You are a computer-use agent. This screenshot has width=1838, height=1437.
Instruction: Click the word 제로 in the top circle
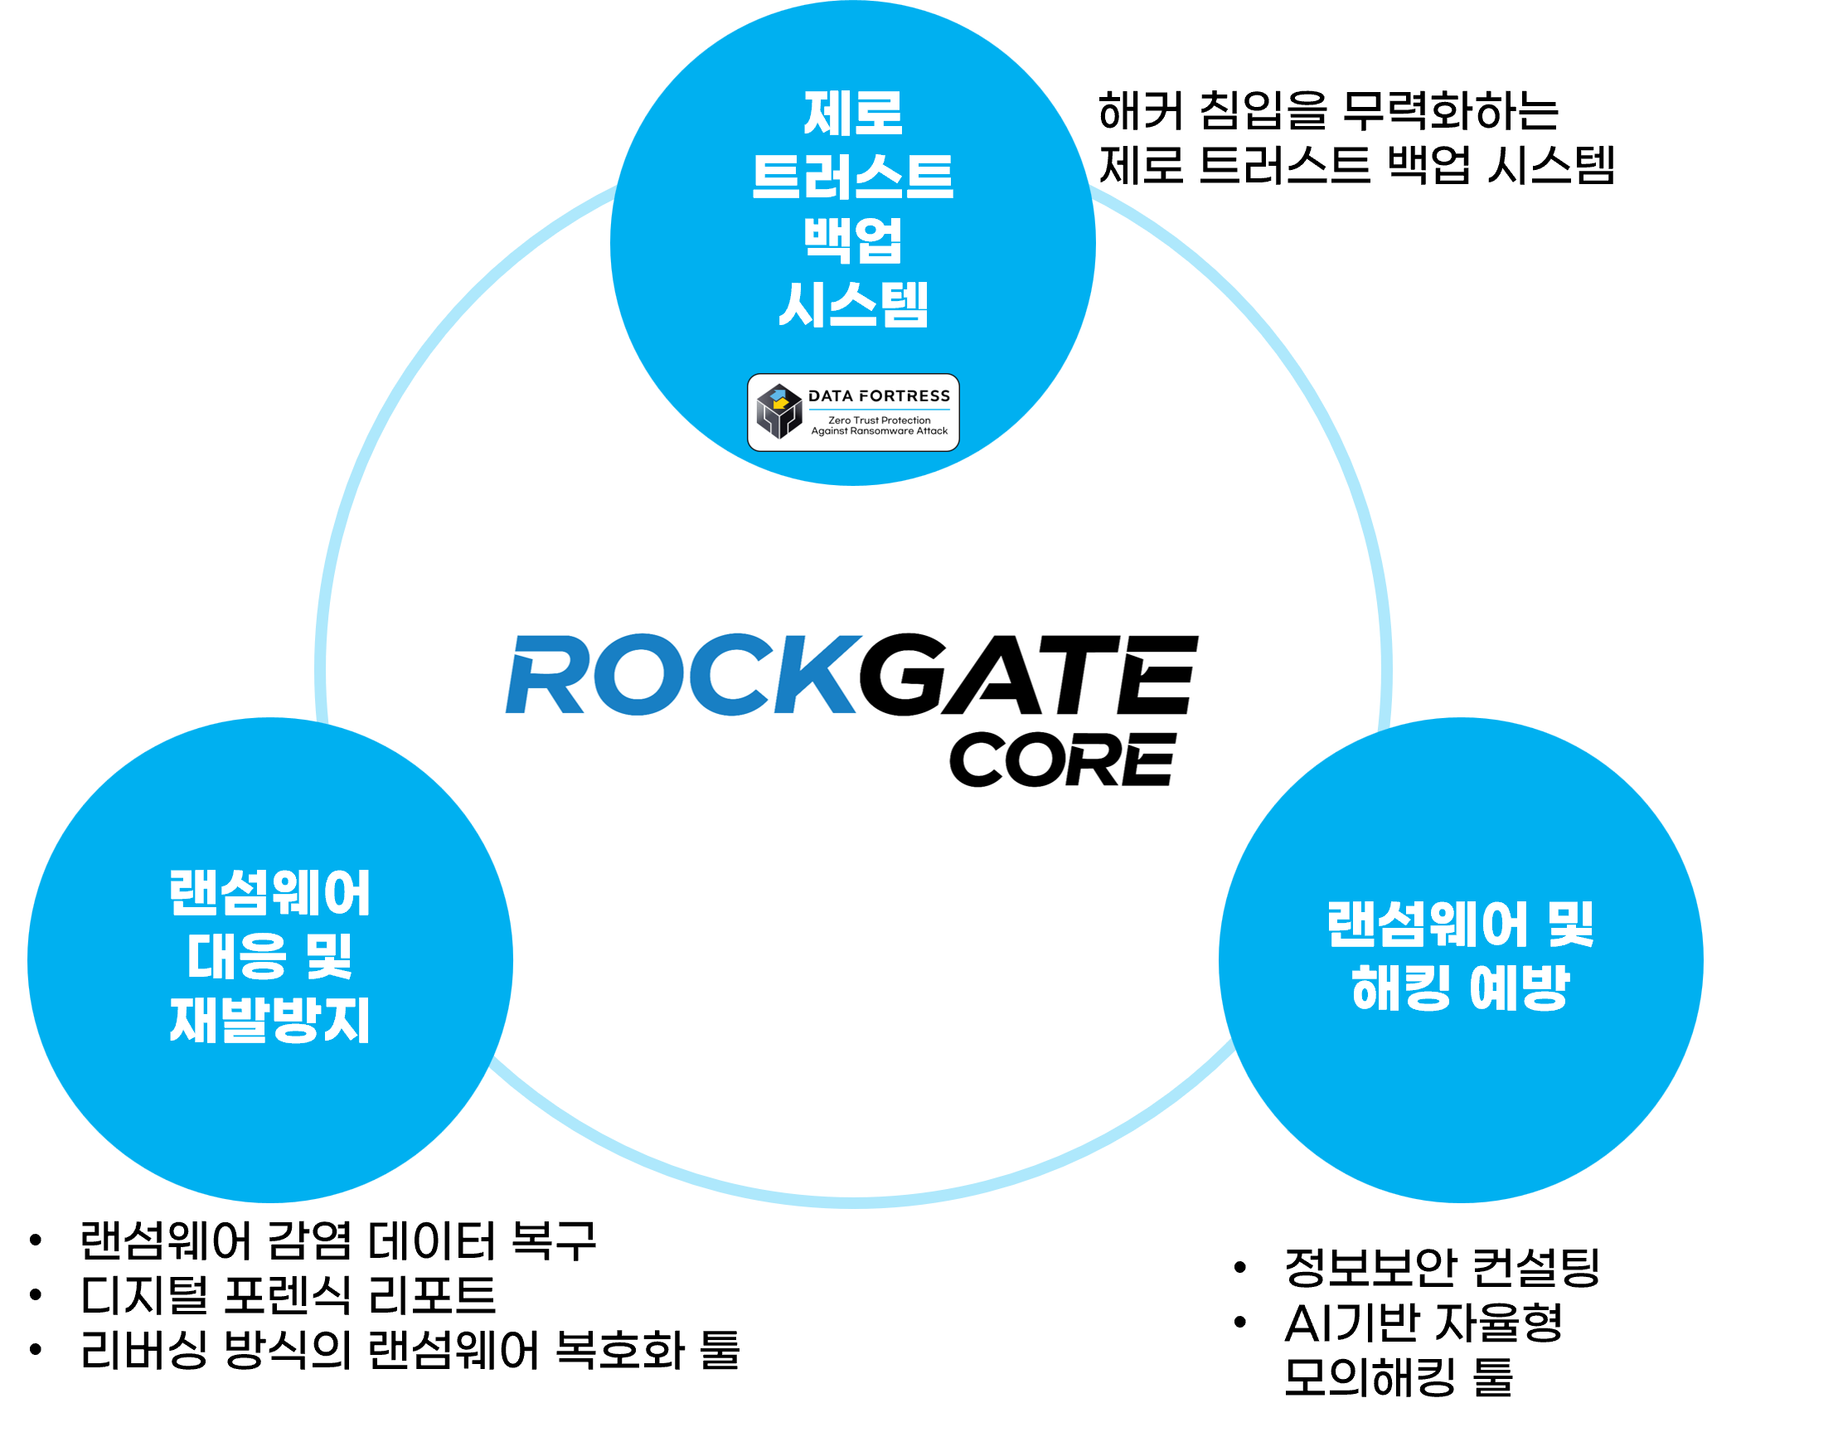(x=852, y=114)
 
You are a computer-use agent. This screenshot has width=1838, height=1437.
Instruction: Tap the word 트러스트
(x=852, y=177)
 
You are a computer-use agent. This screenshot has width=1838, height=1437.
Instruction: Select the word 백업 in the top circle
(x=852, y=240)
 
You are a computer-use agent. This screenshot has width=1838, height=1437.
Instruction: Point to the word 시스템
(x=852, y=305)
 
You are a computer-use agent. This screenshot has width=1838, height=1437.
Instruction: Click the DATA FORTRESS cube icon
(x=778, y=411)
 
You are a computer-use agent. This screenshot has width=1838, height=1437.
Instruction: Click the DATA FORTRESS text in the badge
(x=879, y=396)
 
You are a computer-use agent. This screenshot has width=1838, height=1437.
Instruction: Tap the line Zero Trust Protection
(x=880, y=420)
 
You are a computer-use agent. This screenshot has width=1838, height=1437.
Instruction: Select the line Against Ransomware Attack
(x=880, y=431)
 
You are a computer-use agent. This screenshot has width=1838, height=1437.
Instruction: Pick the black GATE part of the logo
(x=1026, y=674)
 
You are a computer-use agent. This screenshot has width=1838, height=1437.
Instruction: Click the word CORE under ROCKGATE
(x=1062, y=760)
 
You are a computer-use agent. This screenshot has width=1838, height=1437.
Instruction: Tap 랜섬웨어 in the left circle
(x=270, y=893)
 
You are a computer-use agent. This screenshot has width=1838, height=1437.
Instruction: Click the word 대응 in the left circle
(x=236, y=957)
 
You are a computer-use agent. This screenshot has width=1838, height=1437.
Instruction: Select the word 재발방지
(x=270, y=1021)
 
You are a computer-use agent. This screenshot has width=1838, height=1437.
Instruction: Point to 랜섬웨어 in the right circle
(x=1428, y=925)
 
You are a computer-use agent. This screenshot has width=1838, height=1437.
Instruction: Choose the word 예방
(x=1520, y=988)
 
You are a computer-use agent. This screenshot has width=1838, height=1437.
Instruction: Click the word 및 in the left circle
(x=329, y=957)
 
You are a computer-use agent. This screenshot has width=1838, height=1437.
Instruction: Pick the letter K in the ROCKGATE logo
(x=813, y=674)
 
